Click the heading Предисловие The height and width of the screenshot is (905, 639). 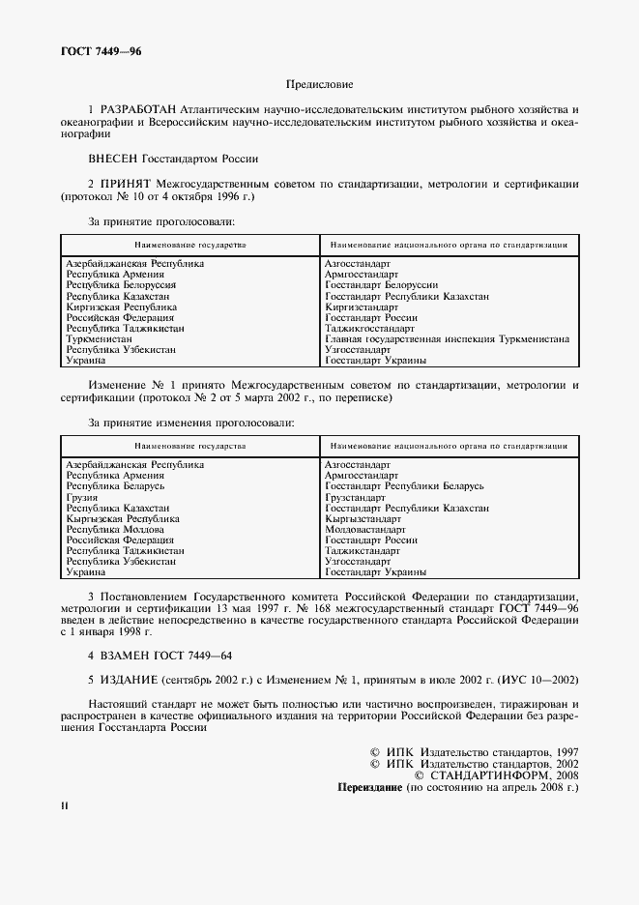pos(319,85)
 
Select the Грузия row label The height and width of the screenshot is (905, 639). pos(81,497)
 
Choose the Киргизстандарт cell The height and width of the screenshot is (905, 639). pos(363,307)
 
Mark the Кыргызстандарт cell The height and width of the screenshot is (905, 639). pos(363,518)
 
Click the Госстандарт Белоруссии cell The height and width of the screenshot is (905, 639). pos(382,286)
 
